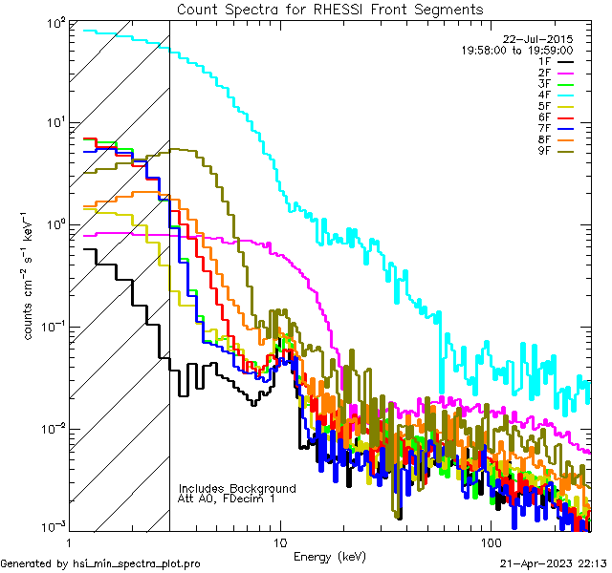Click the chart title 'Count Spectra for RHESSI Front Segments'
330,10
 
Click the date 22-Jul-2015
536,39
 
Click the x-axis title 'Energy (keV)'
330,556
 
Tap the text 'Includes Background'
237,488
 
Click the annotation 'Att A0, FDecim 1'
227,499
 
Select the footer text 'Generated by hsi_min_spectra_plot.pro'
100,564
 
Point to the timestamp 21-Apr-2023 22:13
554,564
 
